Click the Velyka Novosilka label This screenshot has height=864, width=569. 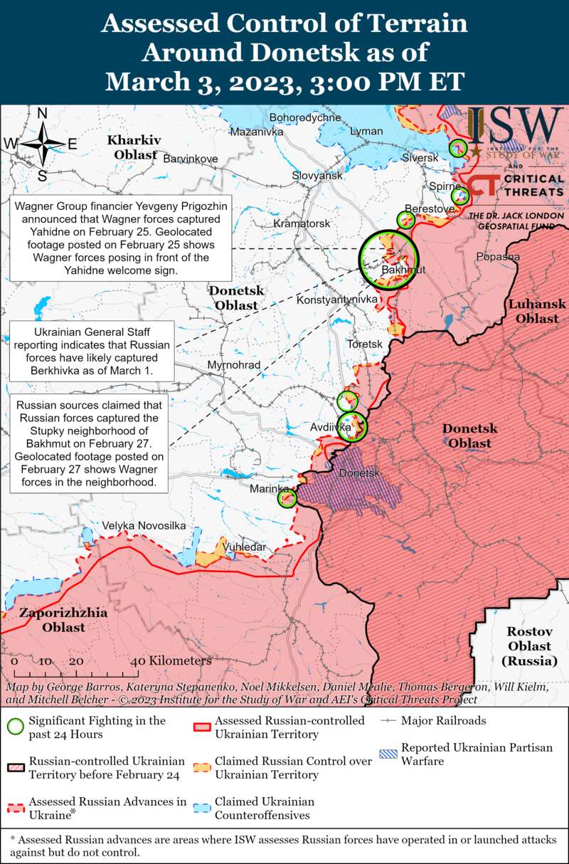pyautogui.click(x=144, y=525)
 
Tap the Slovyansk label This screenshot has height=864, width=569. pyautogui.click(x=317, y=175)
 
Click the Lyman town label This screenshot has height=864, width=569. pyautogui.click(x=366, y=131)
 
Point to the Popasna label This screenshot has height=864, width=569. pyautogui.click(x=498, y=256)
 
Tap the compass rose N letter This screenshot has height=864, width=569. pyautogui.click(x=42, y=113)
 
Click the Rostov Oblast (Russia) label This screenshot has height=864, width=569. pyautogui.click(x=529, y=646)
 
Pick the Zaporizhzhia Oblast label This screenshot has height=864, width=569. pyautogui.click(x=63, y=620)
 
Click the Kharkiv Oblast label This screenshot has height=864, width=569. pyautogui.click(x=134, y=147)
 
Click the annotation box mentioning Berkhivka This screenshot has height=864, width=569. pyautogui.click(x=92, y=352)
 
